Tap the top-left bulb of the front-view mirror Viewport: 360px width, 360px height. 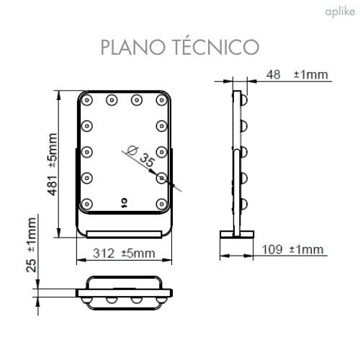(87, 100)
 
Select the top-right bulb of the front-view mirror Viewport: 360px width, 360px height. (163, 100)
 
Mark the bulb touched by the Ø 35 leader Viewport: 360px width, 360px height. (163, 176)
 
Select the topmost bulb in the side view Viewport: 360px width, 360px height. (243, 100)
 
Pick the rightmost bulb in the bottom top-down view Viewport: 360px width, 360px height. (160, 296)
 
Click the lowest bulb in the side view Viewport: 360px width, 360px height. (243, 202)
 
